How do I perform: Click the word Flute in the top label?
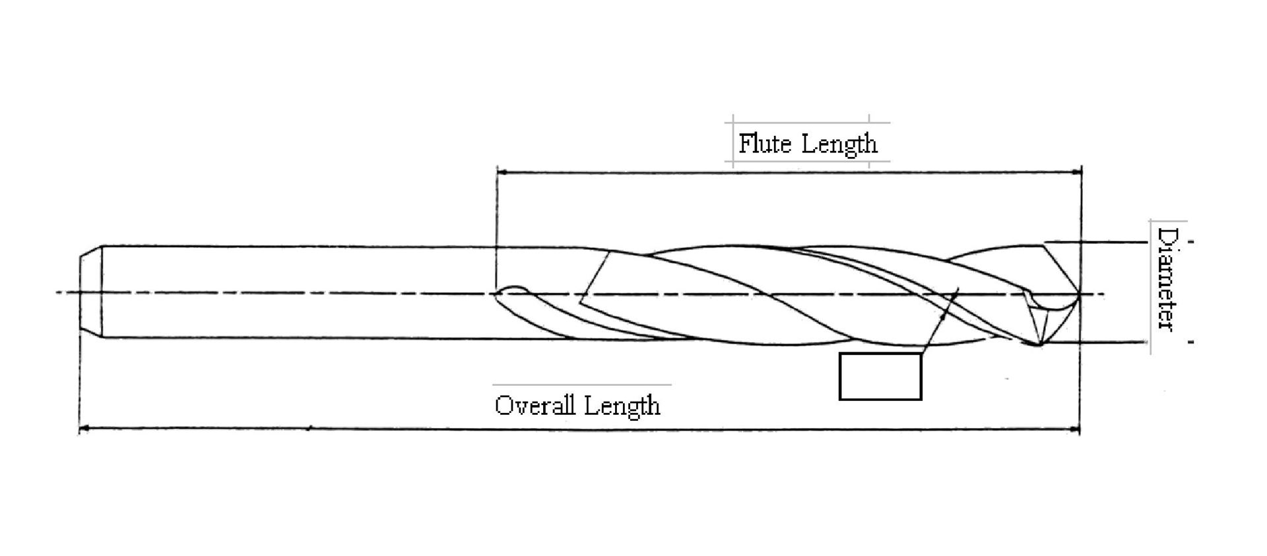click(x=765, y=143)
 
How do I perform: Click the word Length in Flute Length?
click(x=839, y=144)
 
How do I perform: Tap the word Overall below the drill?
click(x=535, y=404)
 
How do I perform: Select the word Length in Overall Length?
click(x=622, y=406)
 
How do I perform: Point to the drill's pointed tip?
click(x=1079, y=293)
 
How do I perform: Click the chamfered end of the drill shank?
click(x=90, y=292)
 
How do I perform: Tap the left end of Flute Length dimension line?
click(x=497, y=172)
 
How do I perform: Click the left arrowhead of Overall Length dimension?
click(x=83, y=430)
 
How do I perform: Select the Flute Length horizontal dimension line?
click(x=789, y=172)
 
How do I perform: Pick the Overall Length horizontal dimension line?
click(x=579, y=430)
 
